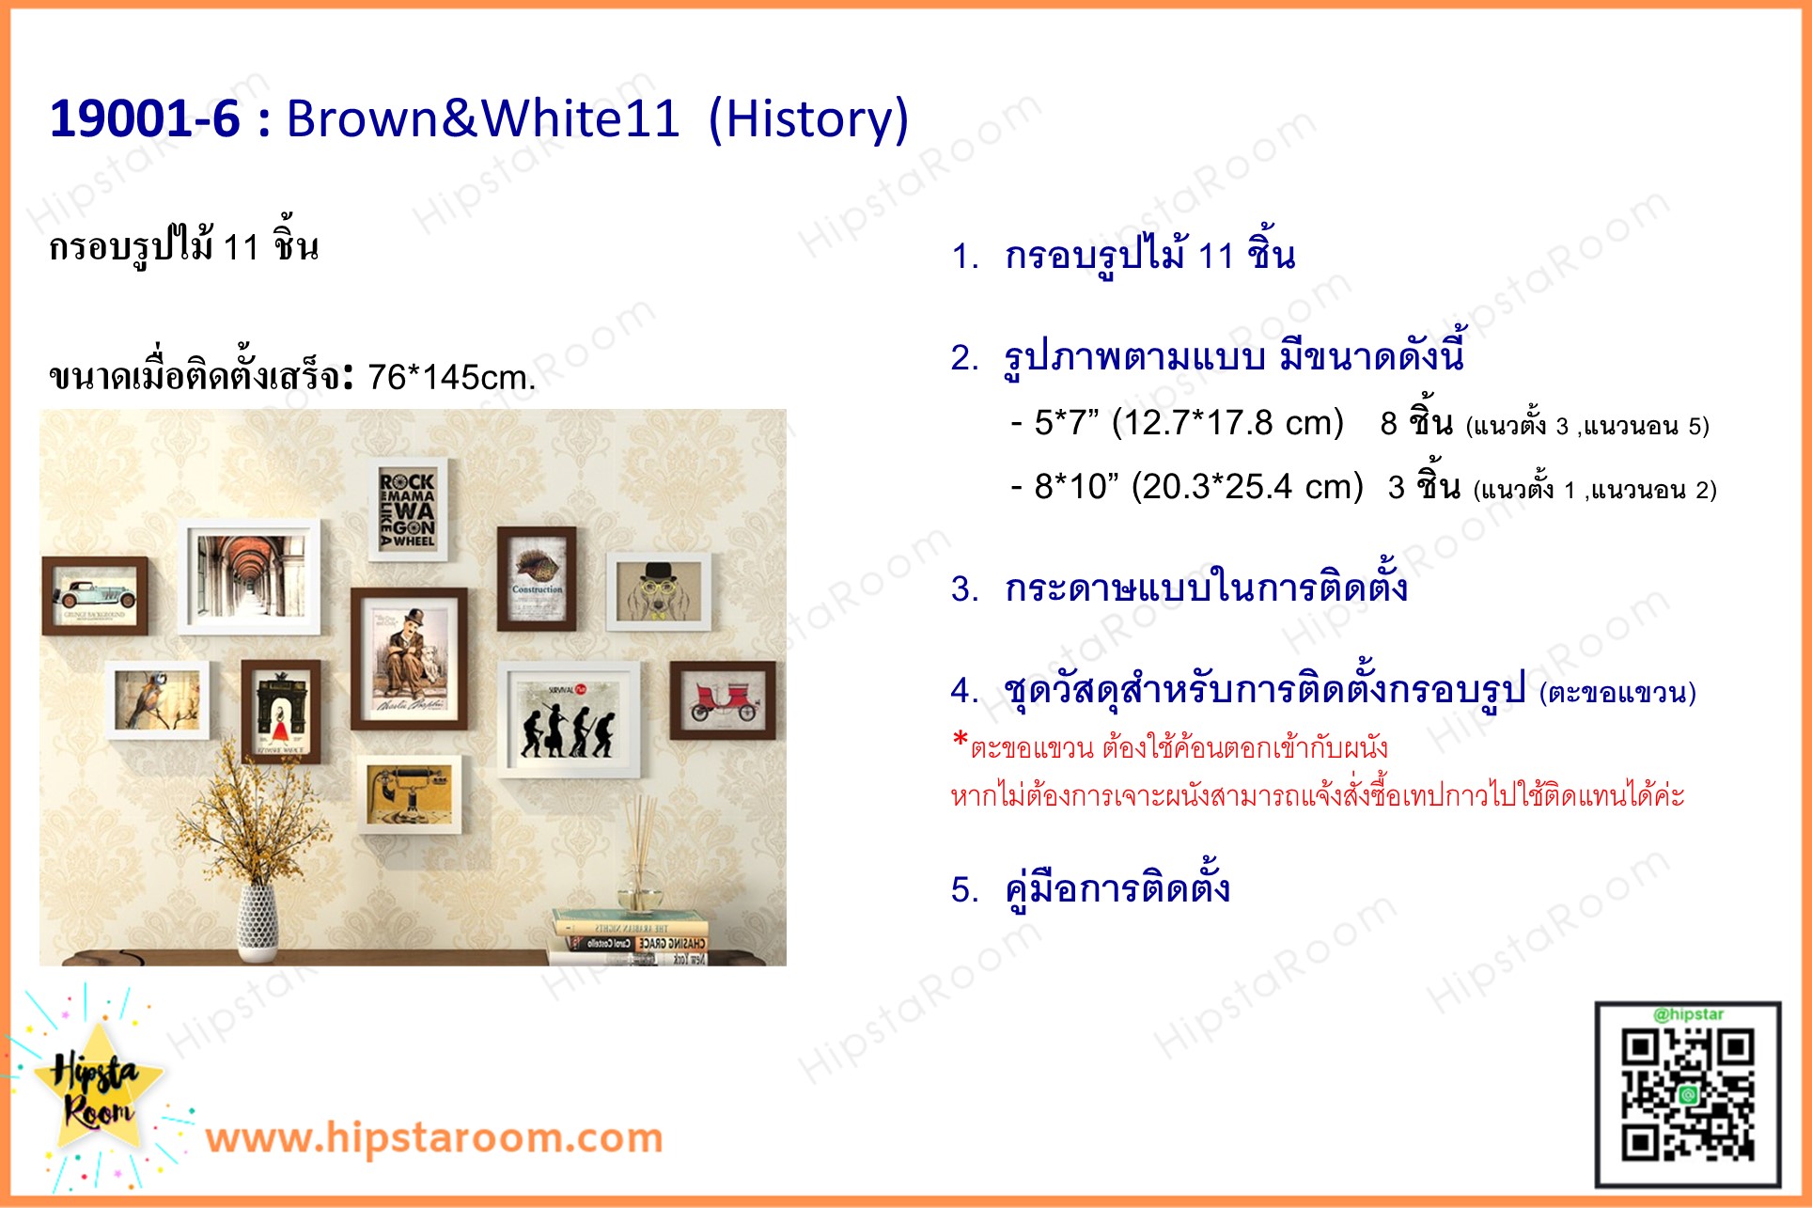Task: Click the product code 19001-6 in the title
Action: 145,118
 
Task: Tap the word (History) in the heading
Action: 808,118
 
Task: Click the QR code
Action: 1687,1096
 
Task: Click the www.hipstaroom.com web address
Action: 434,1137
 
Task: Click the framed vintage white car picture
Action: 95,595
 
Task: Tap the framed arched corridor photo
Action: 250,576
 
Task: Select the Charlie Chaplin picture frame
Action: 409,658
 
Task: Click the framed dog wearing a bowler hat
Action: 659,591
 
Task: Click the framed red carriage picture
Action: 722,699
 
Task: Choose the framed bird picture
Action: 157,699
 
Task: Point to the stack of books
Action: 630,937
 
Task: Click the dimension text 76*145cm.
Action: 451,377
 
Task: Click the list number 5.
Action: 965,889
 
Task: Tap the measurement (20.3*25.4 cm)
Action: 1247,487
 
